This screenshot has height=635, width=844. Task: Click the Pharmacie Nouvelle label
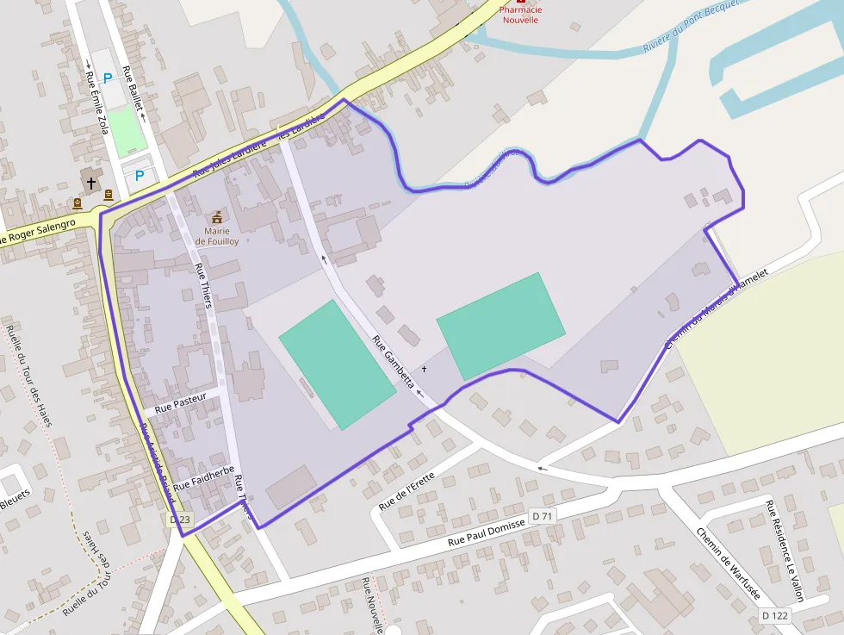click(520, 15)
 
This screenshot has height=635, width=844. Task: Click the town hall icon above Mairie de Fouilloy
click(216, 216)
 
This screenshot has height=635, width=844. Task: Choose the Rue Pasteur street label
click(182, 404)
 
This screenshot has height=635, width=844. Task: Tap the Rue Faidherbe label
click(204, 478)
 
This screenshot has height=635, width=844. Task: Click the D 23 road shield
click(180, 520)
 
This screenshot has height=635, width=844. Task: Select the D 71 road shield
click(542, 515)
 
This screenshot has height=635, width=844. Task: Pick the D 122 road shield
click(775, 615)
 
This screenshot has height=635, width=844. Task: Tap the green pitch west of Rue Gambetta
click(336, 364)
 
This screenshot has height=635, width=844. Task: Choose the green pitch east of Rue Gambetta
click(500, 326)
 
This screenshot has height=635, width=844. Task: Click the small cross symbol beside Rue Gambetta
click(424, 369)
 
